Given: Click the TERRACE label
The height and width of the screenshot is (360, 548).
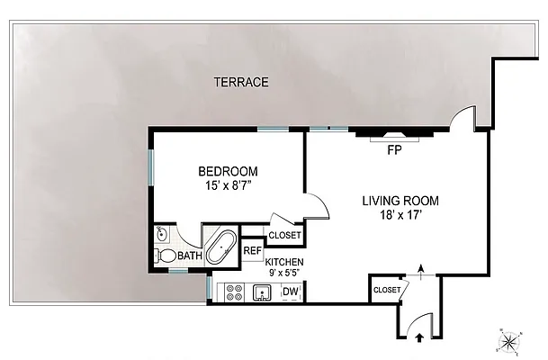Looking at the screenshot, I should tap(241, 83).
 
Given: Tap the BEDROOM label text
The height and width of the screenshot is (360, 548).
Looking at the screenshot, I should tap(228, 171).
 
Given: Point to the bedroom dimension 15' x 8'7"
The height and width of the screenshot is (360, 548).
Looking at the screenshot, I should tap(229, 186).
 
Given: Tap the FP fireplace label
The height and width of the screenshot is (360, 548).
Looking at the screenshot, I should tap(393, 149).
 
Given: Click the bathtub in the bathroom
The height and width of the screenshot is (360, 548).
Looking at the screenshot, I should tap(221, 247).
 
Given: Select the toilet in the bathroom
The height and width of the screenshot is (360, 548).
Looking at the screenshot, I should tap(166, 256).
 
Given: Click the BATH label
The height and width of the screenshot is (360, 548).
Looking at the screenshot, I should tap(190, 256).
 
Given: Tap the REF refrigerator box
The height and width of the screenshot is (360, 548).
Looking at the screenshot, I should tap(252, 250).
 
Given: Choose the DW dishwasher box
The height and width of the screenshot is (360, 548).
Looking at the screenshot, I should tap(291, 291).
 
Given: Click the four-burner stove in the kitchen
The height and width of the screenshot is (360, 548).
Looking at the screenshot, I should tap(235, 292).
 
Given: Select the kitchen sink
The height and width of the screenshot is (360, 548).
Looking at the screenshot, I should tap(263, 291).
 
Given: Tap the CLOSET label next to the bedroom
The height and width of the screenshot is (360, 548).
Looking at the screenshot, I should tap(285, 236).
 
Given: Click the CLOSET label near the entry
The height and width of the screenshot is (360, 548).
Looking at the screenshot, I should tap(387, 290).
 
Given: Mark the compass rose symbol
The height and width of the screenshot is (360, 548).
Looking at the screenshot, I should tap(508, 340).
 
